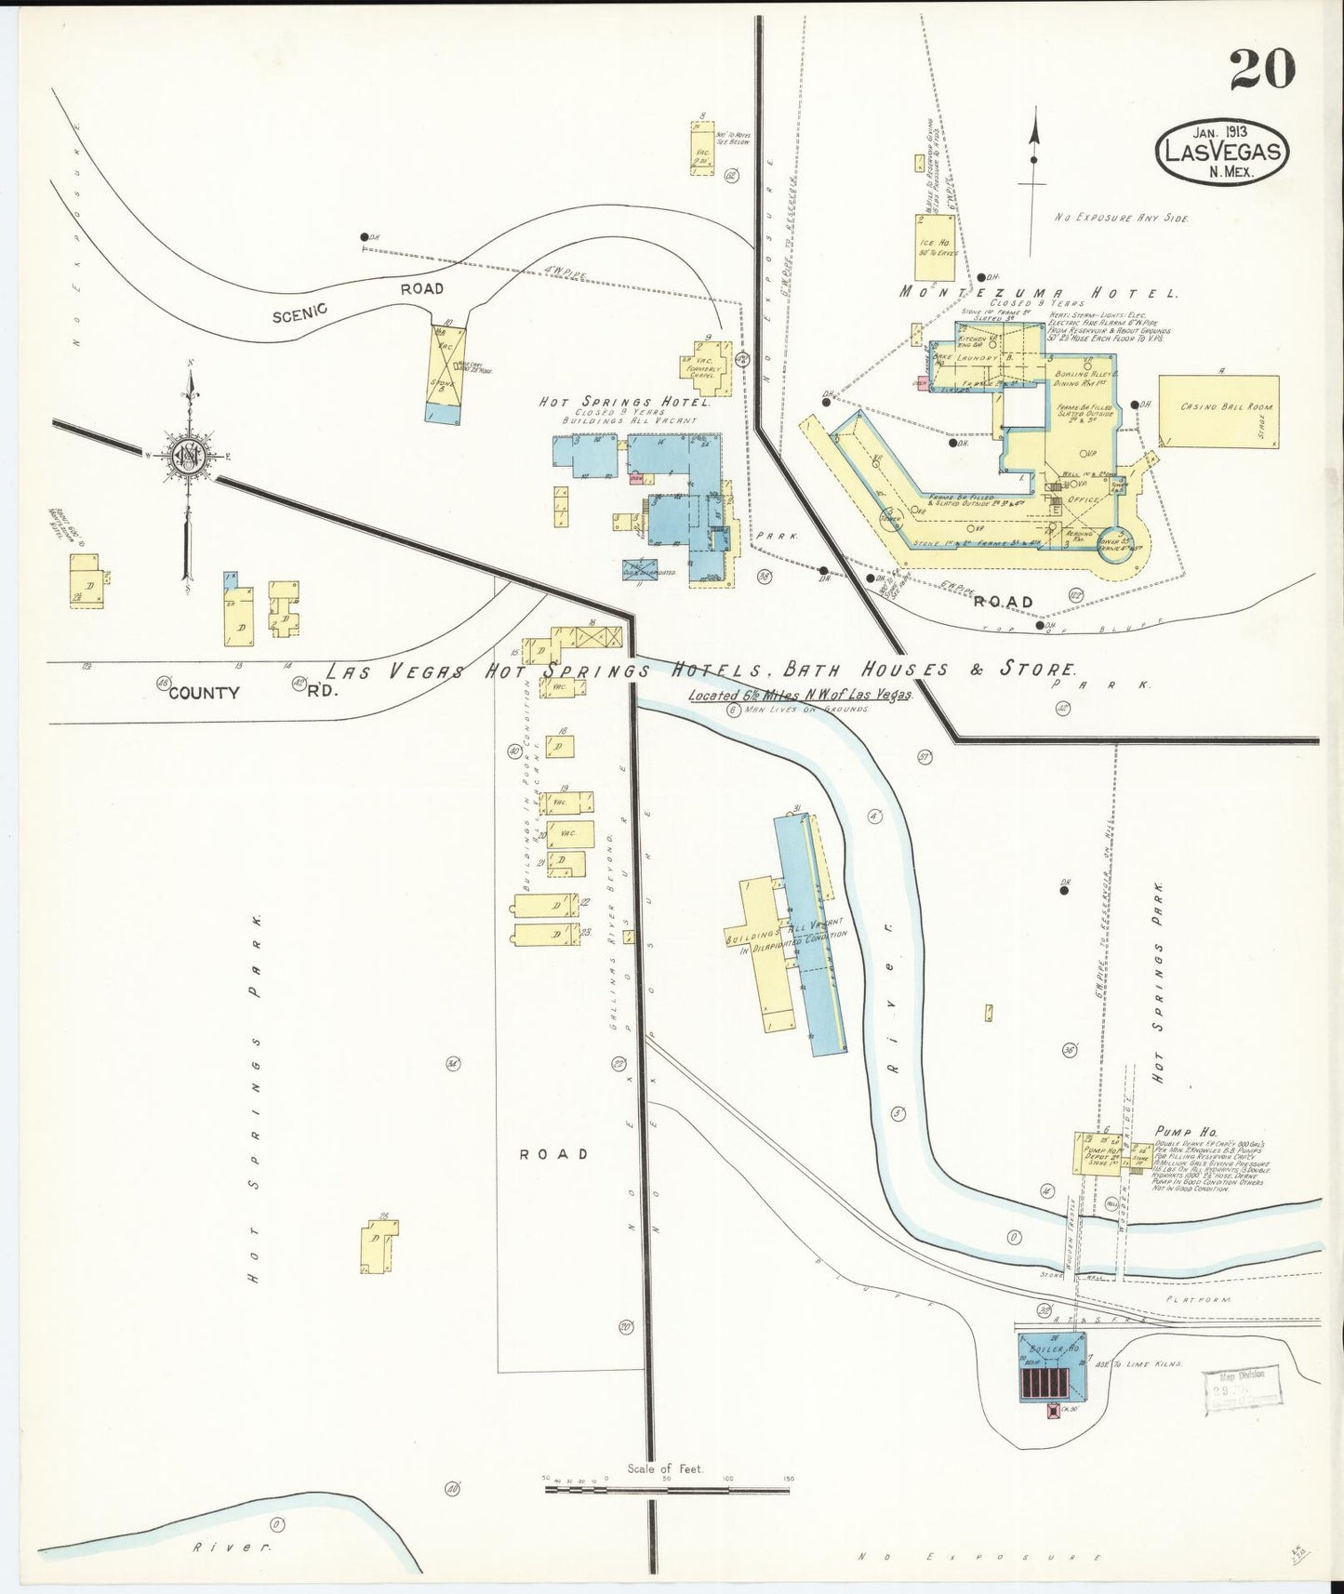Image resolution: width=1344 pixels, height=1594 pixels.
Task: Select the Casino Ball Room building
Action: [1218, 411]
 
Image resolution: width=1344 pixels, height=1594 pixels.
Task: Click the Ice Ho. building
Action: [934, 247]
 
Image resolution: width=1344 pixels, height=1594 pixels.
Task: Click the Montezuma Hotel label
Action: [1038, 292]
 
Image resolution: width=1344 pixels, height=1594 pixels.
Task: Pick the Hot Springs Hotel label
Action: [625, 403]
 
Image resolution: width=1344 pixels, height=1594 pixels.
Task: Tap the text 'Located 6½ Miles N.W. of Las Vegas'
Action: [800, 695]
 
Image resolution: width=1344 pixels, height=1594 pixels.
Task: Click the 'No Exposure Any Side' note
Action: [1121, 217]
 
